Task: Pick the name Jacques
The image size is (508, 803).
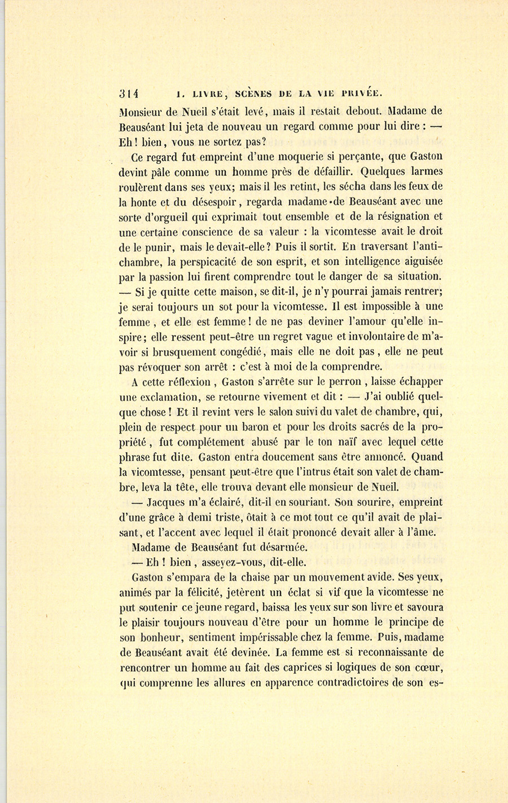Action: pyautogui.click(x=167, y=502)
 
